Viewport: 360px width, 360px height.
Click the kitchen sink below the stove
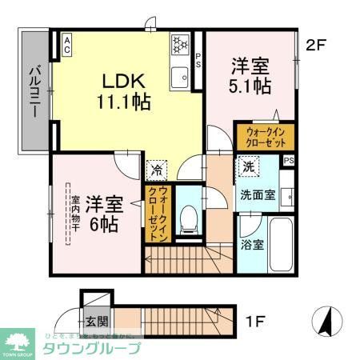pos(179,78)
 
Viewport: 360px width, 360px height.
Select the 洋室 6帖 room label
pos(102,214)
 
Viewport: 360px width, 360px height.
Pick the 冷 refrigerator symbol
pos(155,170)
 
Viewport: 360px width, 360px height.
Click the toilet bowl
pos(189,219)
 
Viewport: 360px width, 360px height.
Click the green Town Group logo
pos(19,342)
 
